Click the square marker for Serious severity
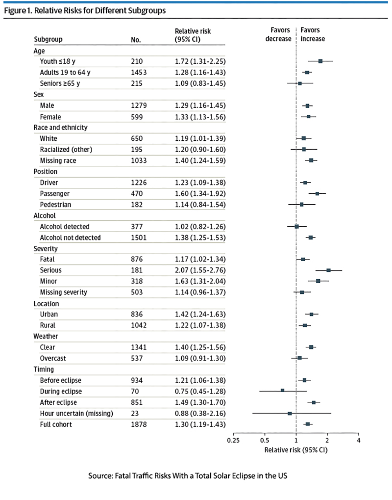click(x=328, y=270)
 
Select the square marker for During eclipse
click(x=282, y=391)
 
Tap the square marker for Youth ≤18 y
click(x=320, y=61)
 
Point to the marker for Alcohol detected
click(x=296, y=227)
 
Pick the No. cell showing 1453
click(x=140, y=73)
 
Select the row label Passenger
click(x=55, y=193)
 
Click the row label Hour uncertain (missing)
click(x=76, y=413)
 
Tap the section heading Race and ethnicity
click(x=60, y=128)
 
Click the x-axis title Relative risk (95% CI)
click(x=296, y=449)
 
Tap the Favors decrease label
click(x=279, y=35)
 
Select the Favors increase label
click(x=313, y=35)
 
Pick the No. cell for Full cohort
click(x=140, y=424)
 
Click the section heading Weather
click(x=47, y=337)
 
